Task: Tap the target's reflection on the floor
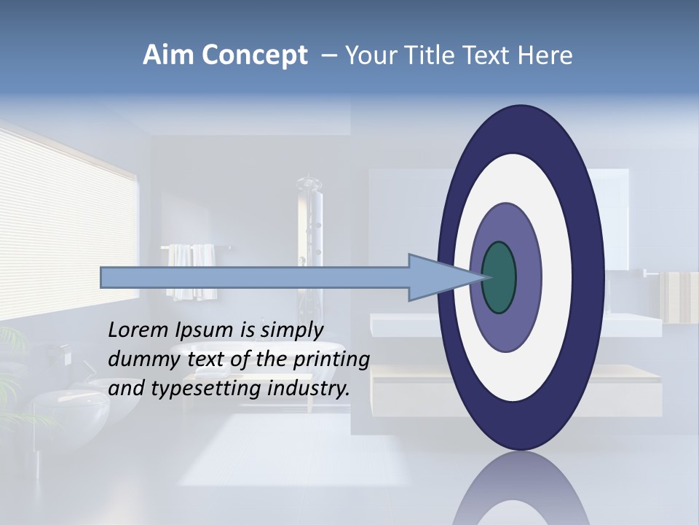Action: [x=521, y=492]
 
